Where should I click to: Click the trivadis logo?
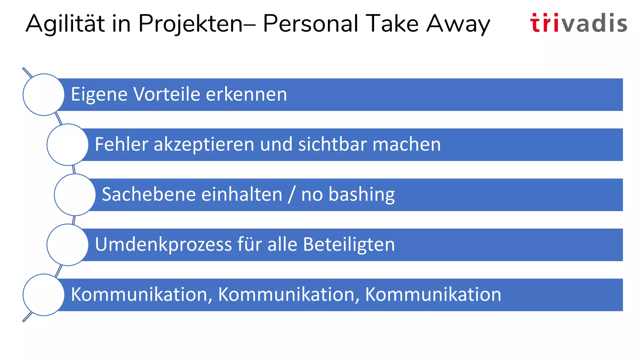coord(578,23)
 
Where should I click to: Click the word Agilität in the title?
coord(65,24)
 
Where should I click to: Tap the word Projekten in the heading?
coord(190,24)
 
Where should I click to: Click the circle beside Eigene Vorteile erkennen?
coord(44,95)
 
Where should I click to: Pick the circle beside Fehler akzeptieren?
coord(67,145)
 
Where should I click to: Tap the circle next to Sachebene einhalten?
coord(75,195)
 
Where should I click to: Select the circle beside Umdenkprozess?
coord(67,245)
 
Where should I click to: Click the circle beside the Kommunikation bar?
coord(44,295)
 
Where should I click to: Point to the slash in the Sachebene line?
coord(292,195)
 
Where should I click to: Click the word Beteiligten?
coord(349,245)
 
